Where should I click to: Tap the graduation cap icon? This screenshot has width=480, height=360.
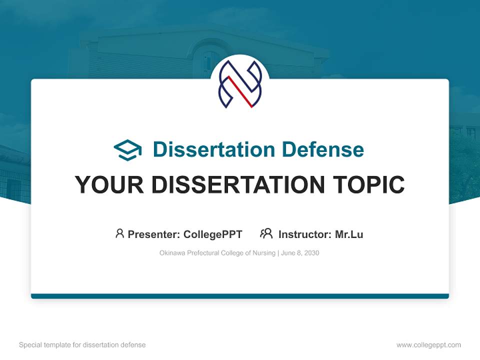click(127, 149)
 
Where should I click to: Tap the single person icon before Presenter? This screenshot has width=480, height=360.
click(119, 233)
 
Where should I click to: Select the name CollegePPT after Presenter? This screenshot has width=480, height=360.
click(213, 234)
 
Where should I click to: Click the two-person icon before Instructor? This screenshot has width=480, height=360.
click(266, 233)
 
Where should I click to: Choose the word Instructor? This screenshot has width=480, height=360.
click(304, 234)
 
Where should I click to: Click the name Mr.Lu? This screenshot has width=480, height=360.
click(349, 234)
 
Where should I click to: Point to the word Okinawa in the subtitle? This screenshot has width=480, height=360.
click(172, 253)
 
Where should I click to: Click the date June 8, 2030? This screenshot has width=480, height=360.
click(300, 253)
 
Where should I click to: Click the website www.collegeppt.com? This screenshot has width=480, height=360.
click(428, 345)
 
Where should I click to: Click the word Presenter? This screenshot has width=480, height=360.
click(153, 234)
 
